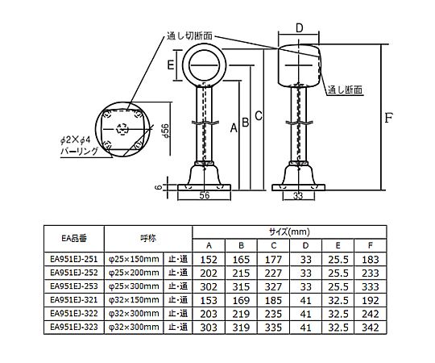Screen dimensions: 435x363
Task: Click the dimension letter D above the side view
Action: pos(299,28)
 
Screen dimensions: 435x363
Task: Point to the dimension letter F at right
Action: pos(388,118)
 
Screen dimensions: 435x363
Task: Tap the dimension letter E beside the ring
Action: pos(170,65)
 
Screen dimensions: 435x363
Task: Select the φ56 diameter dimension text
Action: pos(165,131)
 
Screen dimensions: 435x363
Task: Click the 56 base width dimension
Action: pos(205,195)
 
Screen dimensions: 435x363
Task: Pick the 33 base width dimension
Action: pos(298,195)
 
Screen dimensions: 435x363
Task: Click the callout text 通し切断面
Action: pos(189,35)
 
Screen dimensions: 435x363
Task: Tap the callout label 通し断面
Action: pos(345,90)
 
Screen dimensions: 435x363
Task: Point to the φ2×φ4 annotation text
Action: pos(76,140)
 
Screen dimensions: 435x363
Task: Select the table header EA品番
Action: pos(74,238)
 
